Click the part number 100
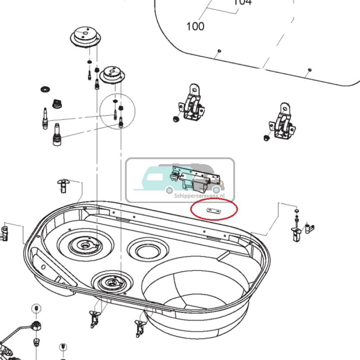195,26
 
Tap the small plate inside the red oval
213,211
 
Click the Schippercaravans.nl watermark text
203,196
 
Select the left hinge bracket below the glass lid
191,104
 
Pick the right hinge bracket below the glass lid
282,123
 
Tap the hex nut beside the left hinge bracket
176,119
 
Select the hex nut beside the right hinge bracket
266,138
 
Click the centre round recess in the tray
148,248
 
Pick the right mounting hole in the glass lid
310,70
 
